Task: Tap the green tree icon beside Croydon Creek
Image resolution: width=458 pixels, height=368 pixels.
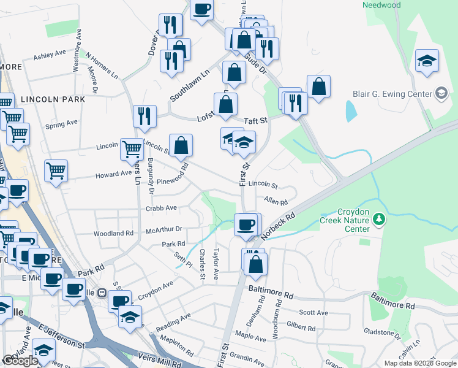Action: tap(380, 218)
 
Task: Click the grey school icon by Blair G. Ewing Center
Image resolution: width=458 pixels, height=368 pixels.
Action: tap(440, 94)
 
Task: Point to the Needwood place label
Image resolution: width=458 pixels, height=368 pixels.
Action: tap(381, 6)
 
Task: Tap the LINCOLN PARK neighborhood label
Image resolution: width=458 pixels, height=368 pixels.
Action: tap(53, 99)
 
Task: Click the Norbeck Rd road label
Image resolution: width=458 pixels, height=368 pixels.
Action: tap(278, 226)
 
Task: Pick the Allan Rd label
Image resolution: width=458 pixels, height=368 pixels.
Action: tap(276, 201)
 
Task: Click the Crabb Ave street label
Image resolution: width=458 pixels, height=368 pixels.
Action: tap(161, 208)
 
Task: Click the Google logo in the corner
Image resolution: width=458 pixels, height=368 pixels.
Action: tap(20, 361)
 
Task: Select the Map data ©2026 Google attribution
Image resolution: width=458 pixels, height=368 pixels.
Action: tap(419, 363)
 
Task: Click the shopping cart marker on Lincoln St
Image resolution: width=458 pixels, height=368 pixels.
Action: tap(132, 148)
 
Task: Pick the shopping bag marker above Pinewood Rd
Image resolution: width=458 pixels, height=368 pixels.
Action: tap(181, 145)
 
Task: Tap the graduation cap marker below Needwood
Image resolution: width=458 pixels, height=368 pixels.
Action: tap(427, 61)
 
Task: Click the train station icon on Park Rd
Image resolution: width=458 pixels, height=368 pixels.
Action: tap(103, 293)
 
